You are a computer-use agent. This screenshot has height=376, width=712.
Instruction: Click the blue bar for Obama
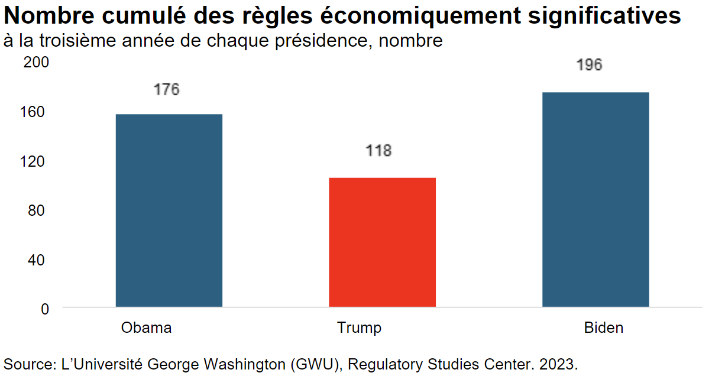point(169,210)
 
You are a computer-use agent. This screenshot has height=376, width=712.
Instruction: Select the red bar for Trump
point(382,242)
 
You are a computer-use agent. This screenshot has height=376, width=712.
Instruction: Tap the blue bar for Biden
point(596,200)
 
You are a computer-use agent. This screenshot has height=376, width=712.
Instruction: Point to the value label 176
point(166,90)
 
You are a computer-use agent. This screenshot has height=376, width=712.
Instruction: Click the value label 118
point(378,151)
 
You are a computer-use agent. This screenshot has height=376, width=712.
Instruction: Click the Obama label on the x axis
point(146,328)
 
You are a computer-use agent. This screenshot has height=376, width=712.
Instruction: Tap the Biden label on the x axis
point(603,328)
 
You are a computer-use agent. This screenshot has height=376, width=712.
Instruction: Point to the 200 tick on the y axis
point(36,62)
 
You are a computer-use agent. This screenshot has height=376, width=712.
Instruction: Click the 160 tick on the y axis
point(36,112)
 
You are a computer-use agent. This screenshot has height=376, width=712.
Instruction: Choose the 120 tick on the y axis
point(36,161)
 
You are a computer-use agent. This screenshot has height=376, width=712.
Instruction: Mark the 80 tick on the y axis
point(40,210)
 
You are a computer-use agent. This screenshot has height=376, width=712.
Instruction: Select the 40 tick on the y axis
point(40,259)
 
